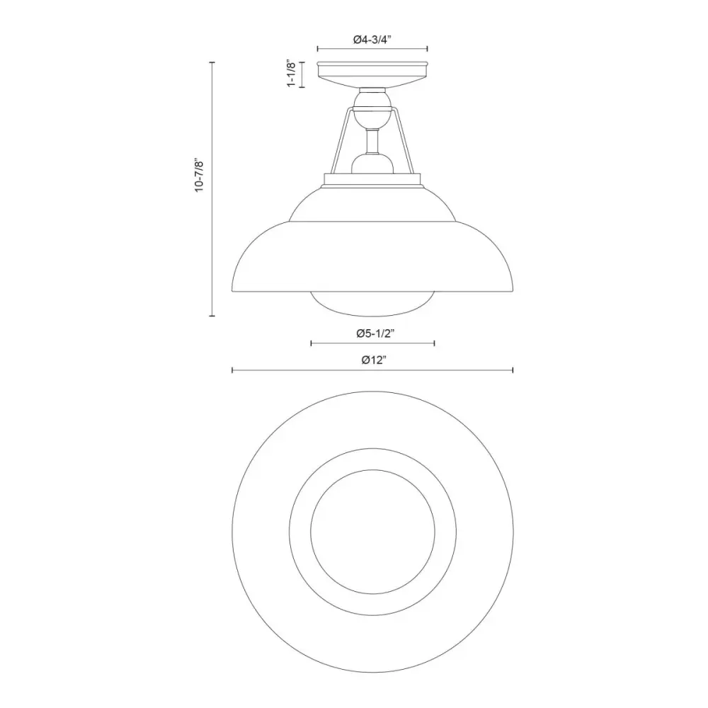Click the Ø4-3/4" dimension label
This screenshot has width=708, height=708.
372,40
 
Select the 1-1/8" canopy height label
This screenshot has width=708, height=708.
292,74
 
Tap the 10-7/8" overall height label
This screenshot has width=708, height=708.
200,176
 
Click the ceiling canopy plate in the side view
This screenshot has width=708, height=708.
372,74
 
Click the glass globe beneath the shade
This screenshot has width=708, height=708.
372,304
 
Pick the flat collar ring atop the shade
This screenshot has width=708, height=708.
372,180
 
